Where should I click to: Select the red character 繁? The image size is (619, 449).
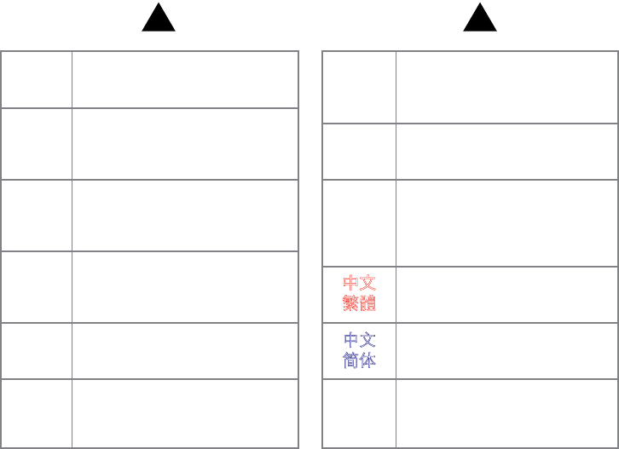click(x=351, y=303)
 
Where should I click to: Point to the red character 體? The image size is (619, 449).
click(x=367, y=303)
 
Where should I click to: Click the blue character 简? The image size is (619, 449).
click(x=351, y=360)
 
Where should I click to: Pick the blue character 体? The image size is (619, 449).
click(x=367, y=360)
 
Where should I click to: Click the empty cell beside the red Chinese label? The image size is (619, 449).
click(x=506, y=294)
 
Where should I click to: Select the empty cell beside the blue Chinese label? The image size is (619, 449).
click(x=506, y=350)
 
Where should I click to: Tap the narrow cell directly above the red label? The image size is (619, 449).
click(x=359, y=222)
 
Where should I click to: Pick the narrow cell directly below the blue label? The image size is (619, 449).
click(x=359, y=412)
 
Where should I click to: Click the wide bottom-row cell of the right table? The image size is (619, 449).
click(x=506, y=412)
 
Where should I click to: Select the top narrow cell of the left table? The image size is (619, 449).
click(x=37, y=79)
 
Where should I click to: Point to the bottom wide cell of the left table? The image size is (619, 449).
click(x=185, y=412)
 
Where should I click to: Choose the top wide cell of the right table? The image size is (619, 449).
click(x=506, y=87)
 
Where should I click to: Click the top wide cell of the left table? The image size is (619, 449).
click(x=185, y=79)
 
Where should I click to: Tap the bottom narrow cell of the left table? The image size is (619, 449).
click(x=37, y=412)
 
